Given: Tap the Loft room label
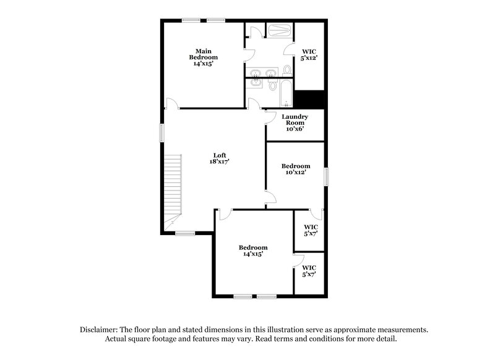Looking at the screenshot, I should coord(219,155).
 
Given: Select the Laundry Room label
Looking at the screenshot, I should coord(295,119).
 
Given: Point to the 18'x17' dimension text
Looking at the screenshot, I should coord(219,162).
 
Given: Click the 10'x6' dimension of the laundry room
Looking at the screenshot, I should coord(295,129).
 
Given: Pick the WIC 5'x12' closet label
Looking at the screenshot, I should coord(309,55).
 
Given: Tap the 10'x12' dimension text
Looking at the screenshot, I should coord(296,173).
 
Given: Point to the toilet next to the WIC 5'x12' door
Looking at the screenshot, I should coord(288,70).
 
